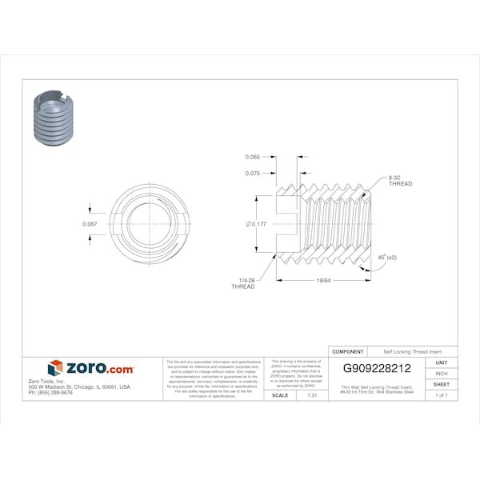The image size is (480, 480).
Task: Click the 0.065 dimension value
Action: click(x=253, y=158)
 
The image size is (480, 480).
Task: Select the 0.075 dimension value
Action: click(x=253, y=173)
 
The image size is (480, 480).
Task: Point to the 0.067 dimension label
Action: click(x=90, y=224)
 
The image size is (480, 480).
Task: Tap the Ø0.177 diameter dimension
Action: click(x=256, y=224)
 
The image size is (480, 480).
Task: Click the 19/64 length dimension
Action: click(x=323, y=281)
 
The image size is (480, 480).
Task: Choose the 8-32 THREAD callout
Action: click(x=400, y=180)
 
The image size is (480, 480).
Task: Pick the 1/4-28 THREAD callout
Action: click(x=243, y=282)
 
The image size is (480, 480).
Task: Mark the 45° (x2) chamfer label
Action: click(x=387, y=258)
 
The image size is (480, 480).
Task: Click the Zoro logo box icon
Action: click(x=54, y=368)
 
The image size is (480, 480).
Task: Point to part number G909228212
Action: click(x=377, y=369)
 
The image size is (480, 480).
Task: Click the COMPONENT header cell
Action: click(x=348, y=352)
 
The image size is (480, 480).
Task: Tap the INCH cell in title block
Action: click(x=441, y=374)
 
